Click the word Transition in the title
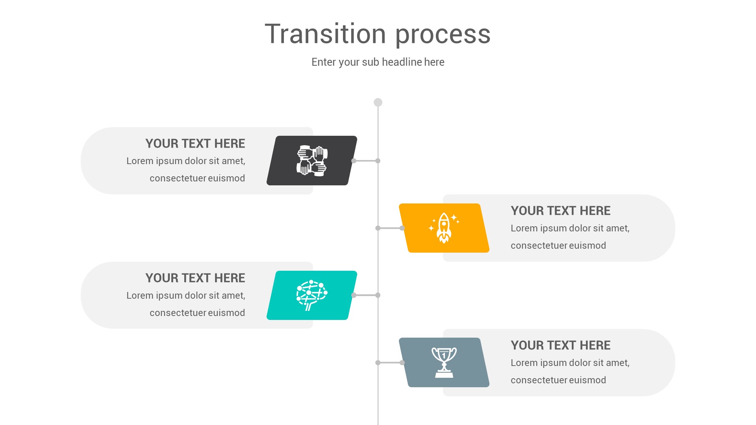click(325, 34)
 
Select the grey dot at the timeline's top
click(378, 102)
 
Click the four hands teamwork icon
click(312, 161)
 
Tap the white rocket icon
click(444, 228)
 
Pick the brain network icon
click(312, 295)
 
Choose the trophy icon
click(444, 362)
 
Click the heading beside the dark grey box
click(195, 144)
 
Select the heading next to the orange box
click(560, 211)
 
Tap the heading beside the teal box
click(195, 278)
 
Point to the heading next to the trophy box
click(560, 346)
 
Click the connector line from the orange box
click(390, 228)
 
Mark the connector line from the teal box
click(366, 295)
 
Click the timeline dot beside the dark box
click(378, 161)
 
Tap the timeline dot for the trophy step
click(378, 362)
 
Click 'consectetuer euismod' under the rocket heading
click(558, 246)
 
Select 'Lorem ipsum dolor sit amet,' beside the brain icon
click(185, 296)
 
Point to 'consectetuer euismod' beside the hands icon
click(197, 178)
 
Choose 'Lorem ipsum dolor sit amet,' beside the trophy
click(570, 363)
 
